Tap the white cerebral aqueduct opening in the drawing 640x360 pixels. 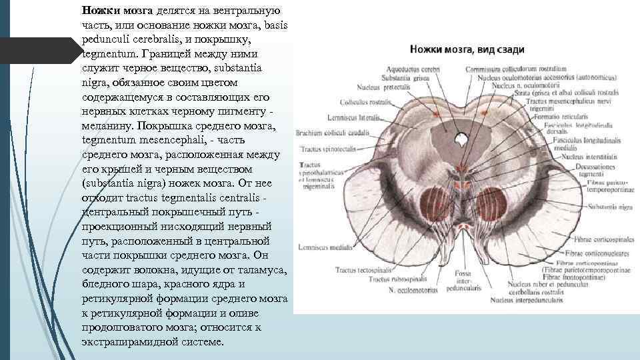(x=461, y=140)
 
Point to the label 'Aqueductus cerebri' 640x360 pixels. (x=405, y=68)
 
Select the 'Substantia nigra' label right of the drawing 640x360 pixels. (x=607, y=207)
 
